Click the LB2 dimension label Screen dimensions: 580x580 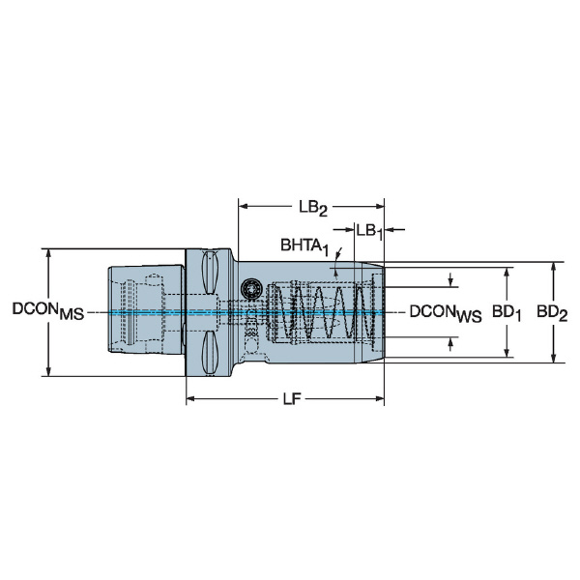pos(313,208)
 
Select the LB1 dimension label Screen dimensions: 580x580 pos(369,232)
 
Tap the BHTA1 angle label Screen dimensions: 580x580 pos(304,246)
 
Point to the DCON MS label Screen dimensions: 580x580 pos(48,311)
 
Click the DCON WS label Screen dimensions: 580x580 pos(446,313)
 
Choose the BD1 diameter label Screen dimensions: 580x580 pos(507,313)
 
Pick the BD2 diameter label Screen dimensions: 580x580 pos(552,313)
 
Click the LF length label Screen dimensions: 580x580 pos(292,398)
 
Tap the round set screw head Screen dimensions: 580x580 pos(250,288)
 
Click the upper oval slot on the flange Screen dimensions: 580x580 pos(210,273)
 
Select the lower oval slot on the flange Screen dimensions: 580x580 pos(210,352)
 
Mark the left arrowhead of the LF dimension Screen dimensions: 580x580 pos(190,398)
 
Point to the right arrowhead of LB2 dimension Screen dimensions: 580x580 pos(380,206)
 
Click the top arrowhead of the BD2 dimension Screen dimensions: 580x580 pos(553,268)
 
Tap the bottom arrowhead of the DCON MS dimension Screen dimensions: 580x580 pos(48,371)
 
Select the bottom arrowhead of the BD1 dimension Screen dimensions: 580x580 pos(507,353)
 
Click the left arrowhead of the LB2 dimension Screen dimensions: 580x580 pos(243,206)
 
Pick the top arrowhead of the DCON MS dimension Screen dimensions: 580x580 pos(48,253)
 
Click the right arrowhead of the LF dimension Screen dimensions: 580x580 pos(380,398)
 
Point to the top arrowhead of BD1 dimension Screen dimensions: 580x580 pos(507,273)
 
